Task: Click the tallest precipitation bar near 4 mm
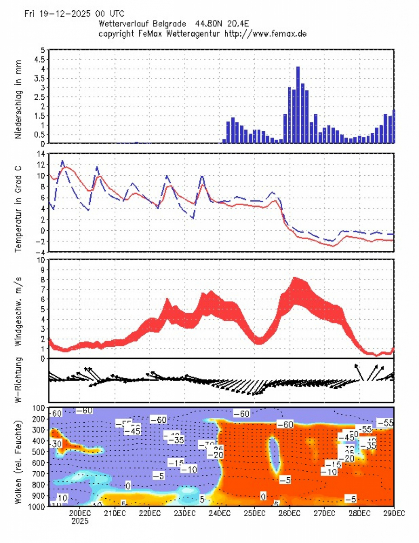point(298,105)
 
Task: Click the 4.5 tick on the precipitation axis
point(40,59)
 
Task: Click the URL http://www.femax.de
point(265,34)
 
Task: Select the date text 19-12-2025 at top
point(64,14)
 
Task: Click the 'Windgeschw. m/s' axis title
point(19,310)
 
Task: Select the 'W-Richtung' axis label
point(19,380)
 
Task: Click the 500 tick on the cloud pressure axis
point(38,452)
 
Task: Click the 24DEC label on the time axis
point(219,513)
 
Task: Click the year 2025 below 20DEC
point(80,522)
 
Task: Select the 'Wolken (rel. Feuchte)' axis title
point(19,456)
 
